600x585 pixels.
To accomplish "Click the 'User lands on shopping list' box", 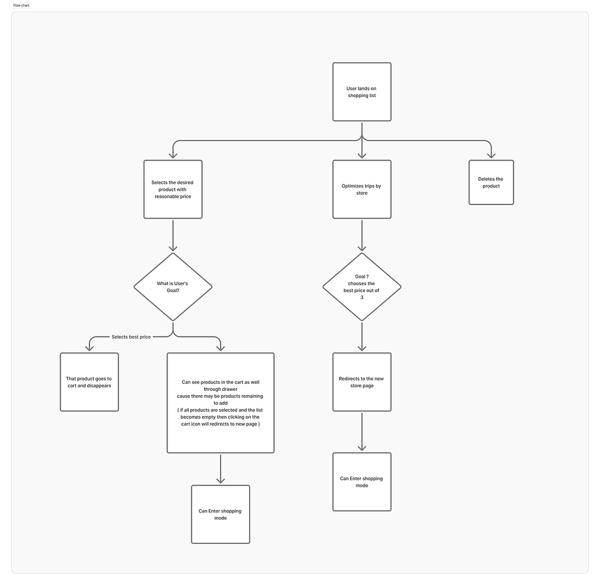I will (362, 91).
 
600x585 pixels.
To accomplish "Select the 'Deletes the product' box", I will (491, 182).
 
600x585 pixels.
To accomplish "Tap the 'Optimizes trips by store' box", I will (362, 189).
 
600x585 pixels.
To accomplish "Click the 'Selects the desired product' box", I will (173, 189).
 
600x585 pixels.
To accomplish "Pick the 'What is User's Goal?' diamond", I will (173, 286).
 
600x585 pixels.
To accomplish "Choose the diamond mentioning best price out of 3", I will (362, 286).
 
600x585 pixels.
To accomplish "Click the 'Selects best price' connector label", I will (131, 337).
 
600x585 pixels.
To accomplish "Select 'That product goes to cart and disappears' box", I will (89, 382).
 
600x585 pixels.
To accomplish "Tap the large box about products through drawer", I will (220, 403).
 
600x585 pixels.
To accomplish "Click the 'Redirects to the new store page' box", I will (362, 382).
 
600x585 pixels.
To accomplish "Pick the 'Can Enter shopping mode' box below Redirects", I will (362, 482).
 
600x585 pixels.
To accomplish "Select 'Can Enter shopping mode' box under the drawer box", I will (220, 514).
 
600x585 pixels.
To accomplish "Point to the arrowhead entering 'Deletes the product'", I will (491, 155).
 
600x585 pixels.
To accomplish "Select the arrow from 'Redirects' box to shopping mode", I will (362, 432).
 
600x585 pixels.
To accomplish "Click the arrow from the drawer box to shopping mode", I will (220, 469).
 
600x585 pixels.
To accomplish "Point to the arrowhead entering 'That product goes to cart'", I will (89, 347).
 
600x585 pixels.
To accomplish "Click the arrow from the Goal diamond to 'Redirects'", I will (362, 336).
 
